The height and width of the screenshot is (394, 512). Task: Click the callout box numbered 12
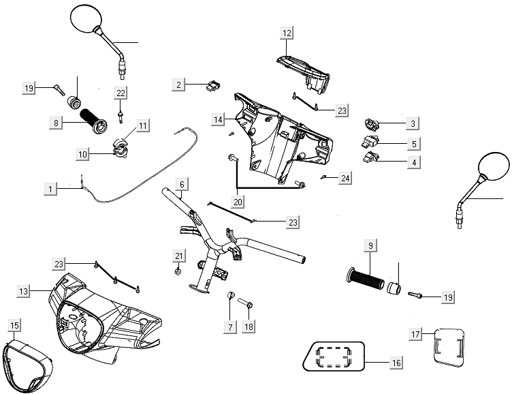pyautogui.click(x=287, y=33)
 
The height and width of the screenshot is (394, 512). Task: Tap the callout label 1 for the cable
pyautogui.click(x=50, y=187)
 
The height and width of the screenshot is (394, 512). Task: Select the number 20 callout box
pyautogui.click(x=237, y=202)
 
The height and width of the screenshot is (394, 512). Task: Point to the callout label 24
pyautogui.click(x=345, y=179)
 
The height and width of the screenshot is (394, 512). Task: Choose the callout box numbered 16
pyautogui.click(x=396, y=363)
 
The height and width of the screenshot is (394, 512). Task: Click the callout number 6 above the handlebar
pyautogui.click(x=182, y=185)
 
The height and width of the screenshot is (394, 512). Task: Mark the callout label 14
pyautogui.click(x=218, y=120)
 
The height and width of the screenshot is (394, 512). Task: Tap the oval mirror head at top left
pyautogui.click(x=85, y=18)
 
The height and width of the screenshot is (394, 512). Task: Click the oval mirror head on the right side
pyautogui.click(x=494, y=166)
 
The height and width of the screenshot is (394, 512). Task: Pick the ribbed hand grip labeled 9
pyautogui.click(x=368, y=280)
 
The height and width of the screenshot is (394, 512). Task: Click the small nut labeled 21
pyautogui.click(x=178, y=271)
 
